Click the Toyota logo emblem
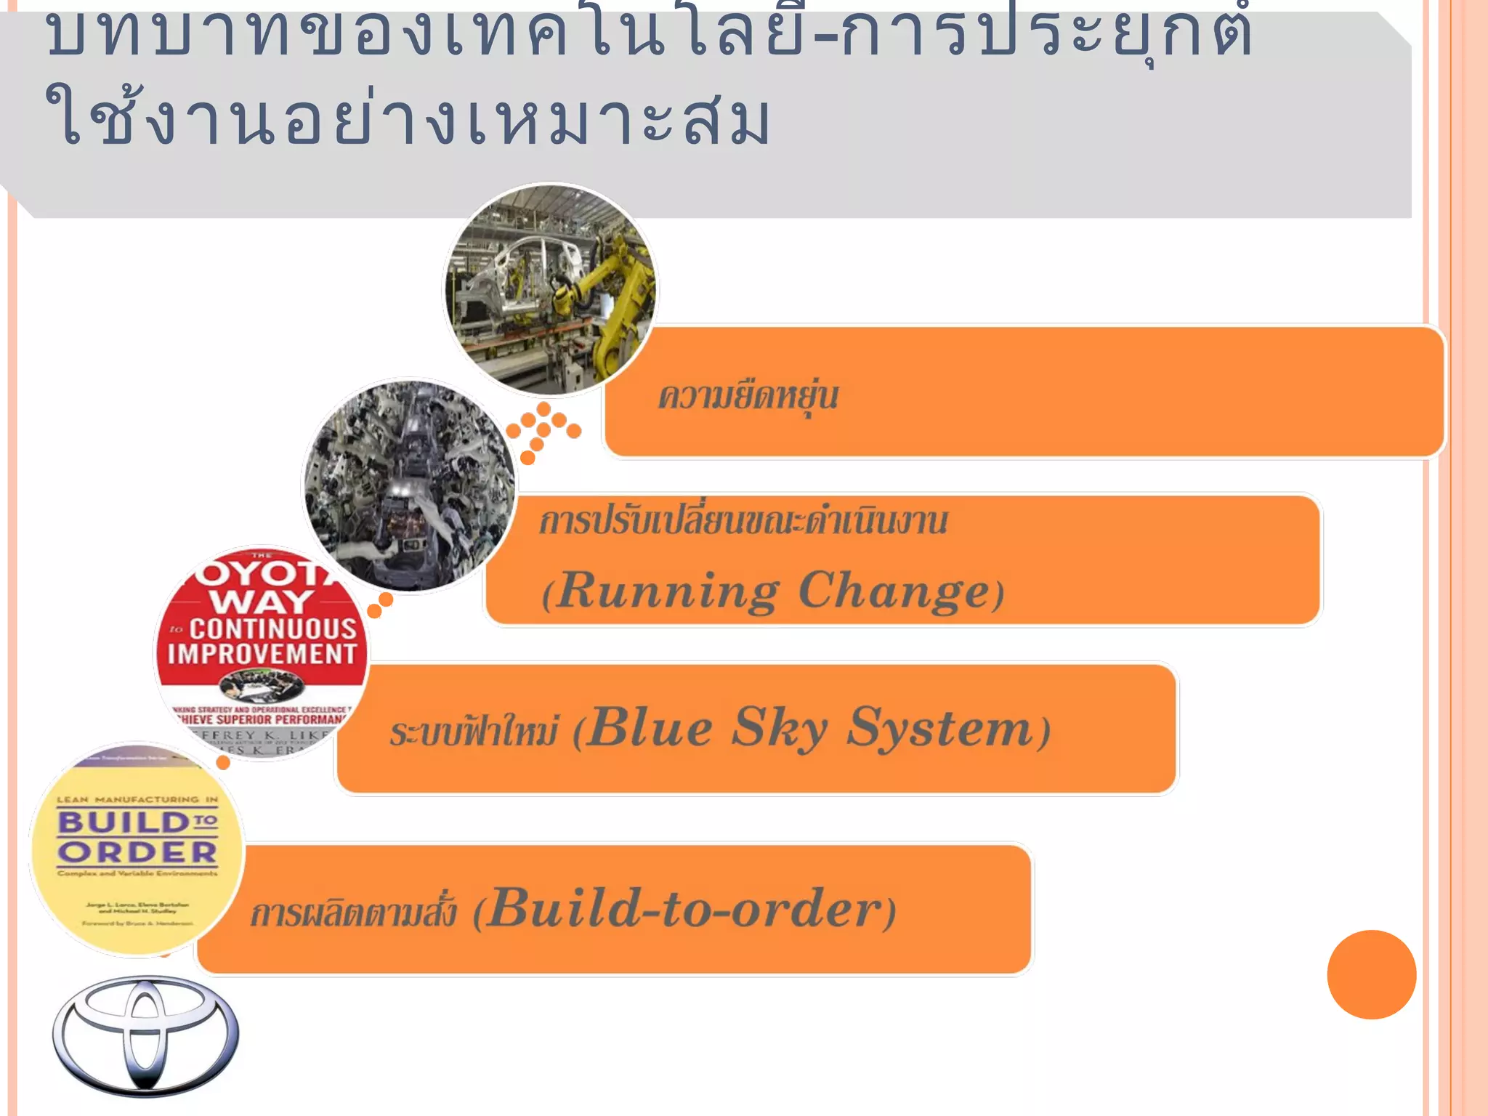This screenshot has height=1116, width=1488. [x=145, y=1035]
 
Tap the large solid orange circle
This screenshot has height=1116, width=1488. [x=1371, y=974]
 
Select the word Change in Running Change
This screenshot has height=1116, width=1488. [x=894, y=590]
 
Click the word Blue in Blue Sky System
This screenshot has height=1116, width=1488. [x=650, y=727]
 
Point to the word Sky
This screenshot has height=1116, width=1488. [x=779, y=727]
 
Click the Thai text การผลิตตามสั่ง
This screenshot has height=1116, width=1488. [x=353, y=913]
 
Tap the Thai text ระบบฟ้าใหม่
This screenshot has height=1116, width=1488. [x=474, y=731]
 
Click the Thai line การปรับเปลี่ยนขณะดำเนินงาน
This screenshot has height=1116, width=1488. [x=743, y=522]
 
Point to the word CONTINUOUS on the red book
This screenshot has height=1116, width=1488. [x=273, y=628]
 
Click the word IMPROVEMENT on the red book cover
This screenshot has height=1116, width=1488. [x=262, y=654]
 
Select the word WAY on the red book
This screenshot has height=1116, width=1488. [x=261, y=602]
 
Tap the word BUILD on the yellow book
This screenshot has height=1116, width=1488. [x=124, y=822]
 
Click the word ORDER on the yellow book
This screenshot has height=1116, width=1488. [x=137, y=852]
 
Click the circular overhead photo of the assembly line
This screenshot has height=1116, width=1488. [x=408, y=485]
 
